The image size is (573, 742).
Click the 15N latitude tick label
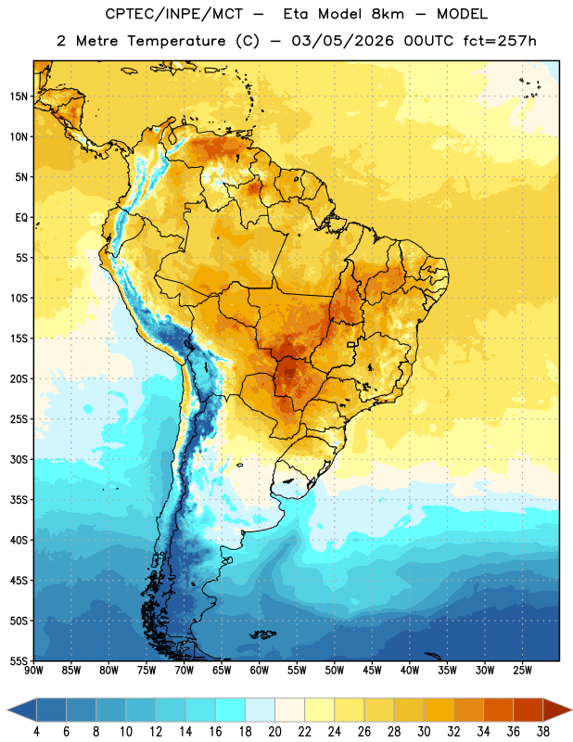[x=19, y=96]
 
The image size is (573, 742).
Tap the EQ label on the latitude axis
[x=21, y=218]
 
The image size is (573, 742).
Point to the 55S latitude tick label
[x=19, y=661]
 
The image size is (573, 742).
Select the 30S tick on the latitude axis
[x=19, y=459]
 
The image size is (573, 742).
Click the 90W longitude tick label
[x=33, y=671]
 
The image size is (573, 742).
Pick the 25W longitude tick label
[x=522, y=671]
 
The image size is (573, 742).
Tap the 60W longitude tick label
[x=260, y=671]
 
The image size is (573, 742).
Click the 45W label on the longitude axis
[x=372, y=671]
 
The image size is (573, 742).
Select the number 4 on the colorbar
[x=36, y=732]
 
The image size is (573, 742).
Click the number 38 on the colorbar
[x=543, y=732]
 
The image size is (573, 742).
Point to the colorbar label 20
[x=274, y=732]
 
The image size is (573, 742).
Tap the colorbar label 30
[x=424, y=732]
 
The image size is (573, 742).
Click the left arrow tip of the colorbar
[x=8, y=710]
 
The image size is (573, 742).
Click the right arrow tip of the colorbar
[x=571, y=710]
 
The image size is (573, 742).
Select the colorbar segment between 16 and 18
[x=230, y=710]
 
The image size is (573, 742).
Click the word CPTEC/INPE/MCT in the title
[x=174, y=14]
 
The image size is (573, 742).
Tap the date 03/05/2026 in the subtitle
[x=342, y=41]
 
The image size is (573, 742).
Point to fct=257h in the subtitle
[x=500, y=41]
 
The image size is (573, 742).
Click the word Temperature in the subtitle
[x=176, y=42]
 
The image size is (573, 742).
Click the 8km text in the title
[x=388, y=14]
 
